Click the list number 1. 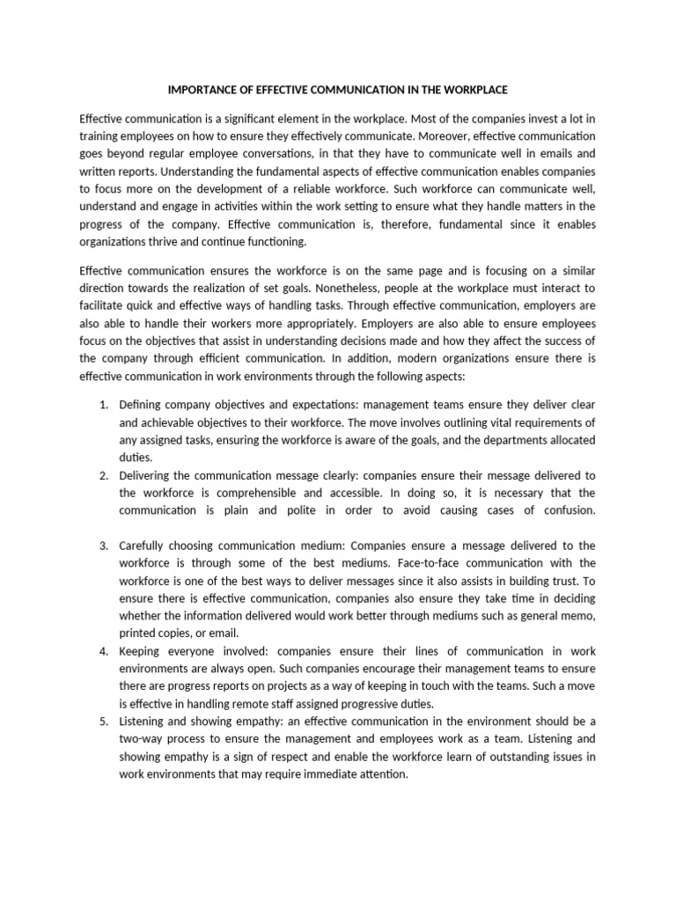pyautogui.click(x=103, y=404)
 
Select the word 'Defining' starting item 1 pyautogui.click(x=142, y=404)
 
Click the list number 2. pyautogui.click(x=103, y=475)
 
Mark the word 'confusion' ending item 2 pyautogui.click(x=568, y=510)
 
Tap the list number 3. pyautogui.click(x=103, y=546)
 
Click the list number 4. pyautogui.click(x=103, y=652)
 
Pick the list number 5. pyautogui.click(x=103, y=722)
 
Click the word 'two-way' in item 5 pyautogui.click(x=141, y=739)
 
